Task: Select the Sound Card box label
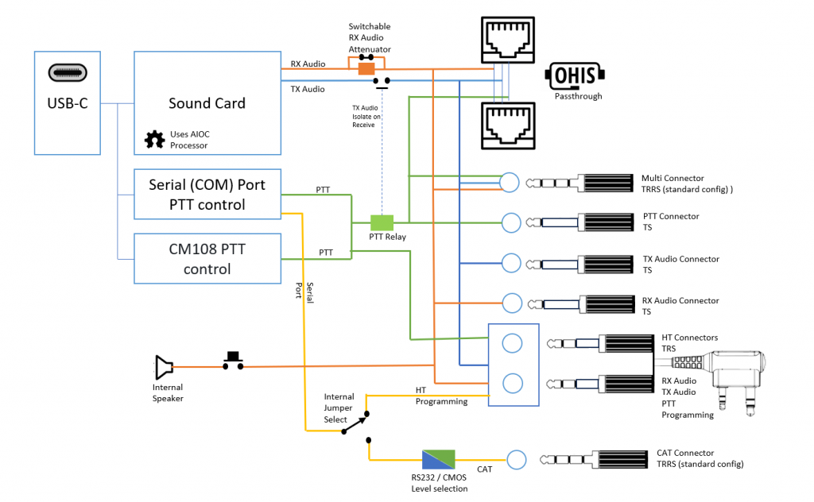pyautogui.click(x=207, y=103)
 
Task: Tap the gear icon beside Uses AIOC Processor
pyautogui.click(x=153, y=140)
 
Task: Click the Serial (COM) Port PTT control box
pyautogui.click(x=207, y=195)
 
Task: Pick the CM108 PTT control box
pyautogui.click(x=207, y=259)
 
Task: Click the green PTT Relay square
pyautogui.click(x=382, y=222)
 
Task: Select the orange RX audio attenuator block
pyautogui.click(x=366, y=69)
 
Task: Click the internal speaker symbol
pyautogui.click(x=163, y=367)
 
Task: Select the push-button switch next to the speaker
pyautogui.click(x=233, y=361)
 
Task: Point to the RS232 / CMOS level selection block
pyautogui.click(x=438, y=460)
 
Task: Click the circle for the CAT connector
pyautogui.click(x=516, y=459)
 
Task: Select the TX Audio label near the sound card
pyautogui.click(x=308, y=90)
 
